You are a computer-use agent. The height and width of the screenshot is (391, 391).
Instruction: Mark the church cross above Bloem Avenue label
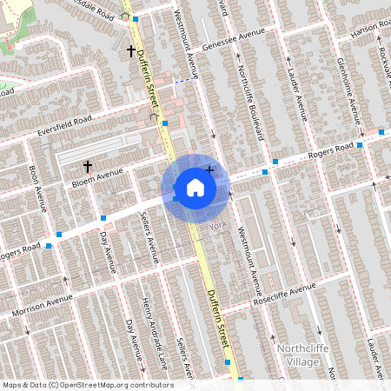coord(87,164)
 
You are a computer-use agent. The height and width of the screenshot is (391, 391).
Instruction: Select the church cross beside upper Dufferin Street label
coord(132,51)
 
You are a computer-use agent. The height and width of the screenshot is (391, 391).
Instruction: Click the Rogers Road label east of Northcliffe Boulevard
coord(331,149)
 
